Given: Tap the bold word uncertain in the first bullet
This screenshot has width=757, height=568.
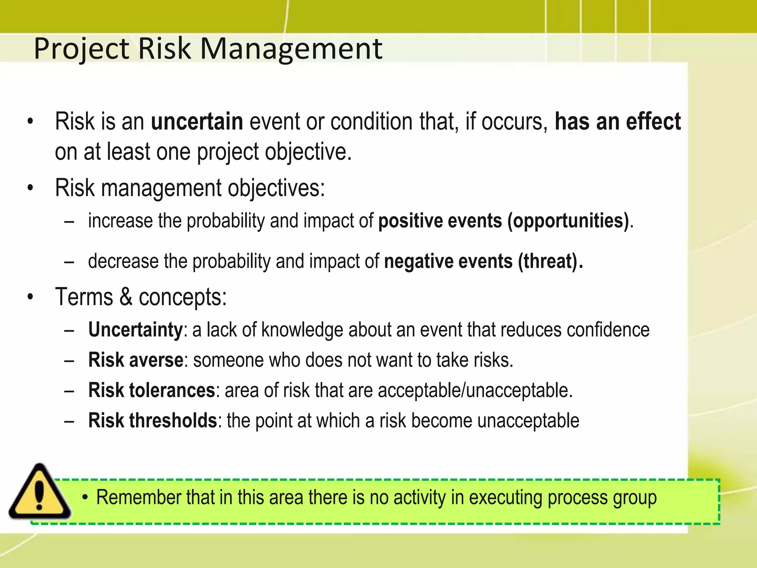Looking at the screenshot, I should tap(197, 122).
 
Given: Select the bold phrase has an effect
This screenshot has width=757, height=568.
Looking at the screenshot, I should tap(617, 122).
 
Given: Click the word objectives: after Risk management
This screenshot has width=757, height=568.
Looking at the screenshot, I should tap(276, 188).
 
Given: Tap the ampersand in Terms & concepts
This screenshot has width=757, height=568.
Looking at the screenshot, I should tap(126, 297).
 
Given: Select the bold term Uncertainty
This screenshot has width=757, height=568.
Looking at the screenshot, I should tap(135, 330).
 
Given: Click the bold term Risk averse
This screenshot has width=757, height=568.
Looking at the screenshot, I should tap(135, 360).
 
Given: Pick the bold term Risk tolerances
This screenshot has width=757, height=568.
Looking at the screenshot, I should tap(152, 390).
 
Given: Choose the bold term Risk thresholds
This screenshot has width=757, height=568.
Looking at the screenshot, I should tap(152, 421).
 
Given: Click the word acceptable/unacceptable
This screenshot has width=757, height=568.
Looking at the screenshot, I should tap(475, 390).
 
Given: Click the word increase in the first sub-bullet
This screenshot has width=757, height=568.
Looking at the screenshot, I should tap(120, 221).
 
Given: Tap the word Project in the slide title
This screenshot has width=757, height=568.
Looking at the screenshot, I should tap(81, 49).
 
